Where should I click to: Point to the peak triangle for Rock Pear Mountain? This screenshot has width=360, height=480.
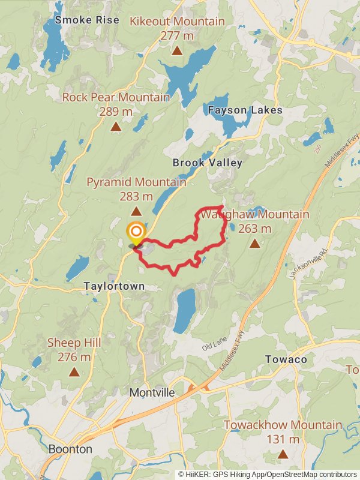[116, 127]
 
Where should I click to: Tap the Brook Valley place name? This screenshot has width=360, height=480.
[207, 163]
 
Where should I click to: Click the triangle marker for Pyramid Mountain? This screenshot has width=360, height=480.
[136, 211]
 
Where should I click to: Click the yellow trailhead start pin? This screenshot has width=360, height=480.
[136, 232]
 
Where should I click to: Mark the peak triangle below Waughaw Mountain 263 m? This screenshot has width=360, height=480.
[255, 243]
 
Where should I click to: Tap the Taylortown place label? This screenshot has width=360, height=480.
[114, 287]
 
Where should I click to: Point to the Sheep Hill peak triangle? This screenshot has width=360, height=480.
[74, 372]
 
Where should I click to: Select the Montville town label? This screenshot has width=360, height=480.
[152, 392]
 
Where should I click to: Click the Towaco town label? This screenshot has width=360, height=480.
[286, 359]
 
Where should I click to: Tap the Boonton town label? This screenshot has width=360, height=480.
[70, 449]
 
